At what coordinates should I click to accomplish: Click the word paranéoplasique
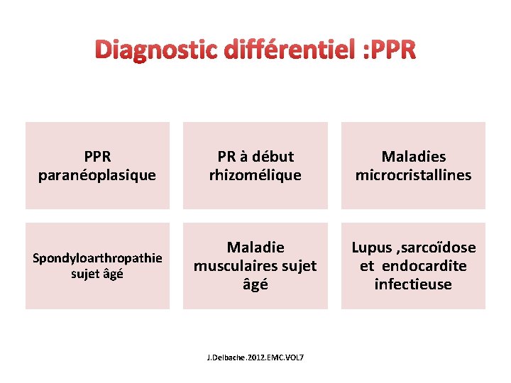pos(97,175)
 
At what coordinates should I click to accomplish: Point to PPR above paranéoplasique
pos(97,156)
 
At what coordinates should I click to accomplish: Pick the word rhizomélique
pos(255,175)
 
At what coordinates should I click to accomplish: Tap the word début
pos(273,156)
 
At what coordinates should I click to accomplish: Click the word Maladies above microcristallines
pos(413,156)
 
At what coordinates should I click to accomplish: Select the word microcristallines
pos(413,175)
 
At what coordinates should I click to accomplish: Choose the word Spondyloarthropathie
pos(97,257)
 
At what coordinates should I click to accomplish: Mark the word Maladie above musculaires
pos(255,248)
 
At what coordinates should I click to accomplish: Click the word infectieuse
pos(413,284)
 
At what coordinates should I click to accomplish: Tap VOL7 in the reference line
pos(291,357)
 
